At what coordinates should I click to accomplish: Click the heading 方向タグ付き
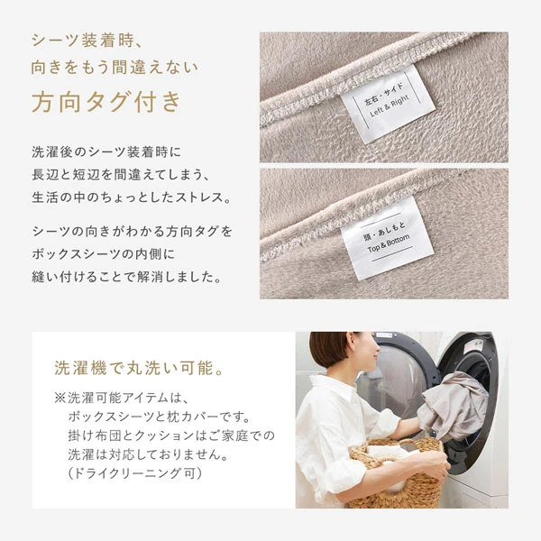click(x=106, y=101)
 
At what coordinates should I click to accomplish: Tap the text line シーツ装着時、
click(x=87, y=41)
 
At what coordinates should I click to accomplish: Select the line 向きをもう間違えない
click(x=114, y=68)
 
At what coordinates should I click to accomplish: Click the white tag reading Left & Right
click(x=388, y=102)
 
